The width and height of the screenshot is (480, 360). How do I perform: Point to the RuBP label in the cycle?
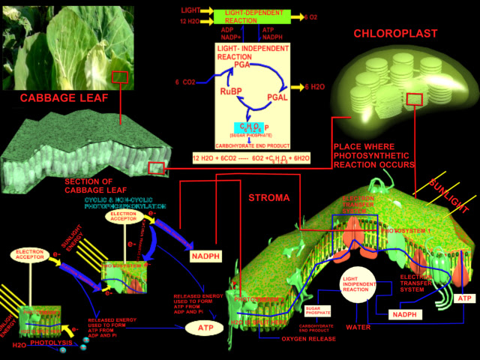(x=231, y=91)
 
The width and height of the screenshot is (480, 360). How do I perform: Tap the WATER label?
(x=359, y=327)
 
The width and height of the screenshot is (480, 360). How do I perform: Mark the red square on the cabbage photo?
(x=120, y=77)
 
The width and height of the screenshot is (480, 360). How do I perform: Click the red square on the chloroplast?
(x=414, y=100)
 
